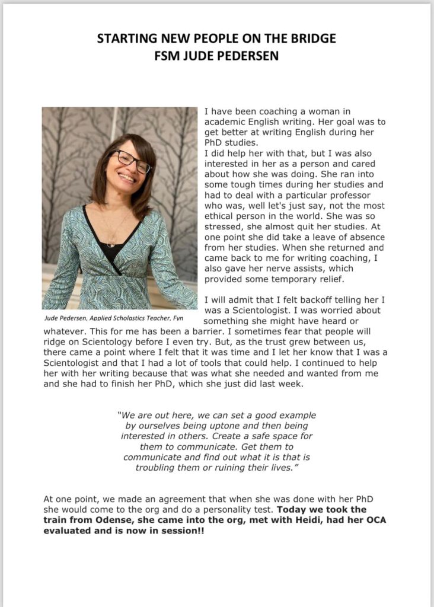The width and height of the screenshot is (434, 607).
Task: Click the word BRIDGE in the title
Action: tap(309, 39)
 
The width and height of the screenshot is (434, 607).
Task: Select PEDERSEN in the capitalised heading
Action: tap(238, 55)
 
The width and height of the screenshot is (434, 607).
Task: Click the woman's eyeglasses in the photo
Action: tap(131, 160)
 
